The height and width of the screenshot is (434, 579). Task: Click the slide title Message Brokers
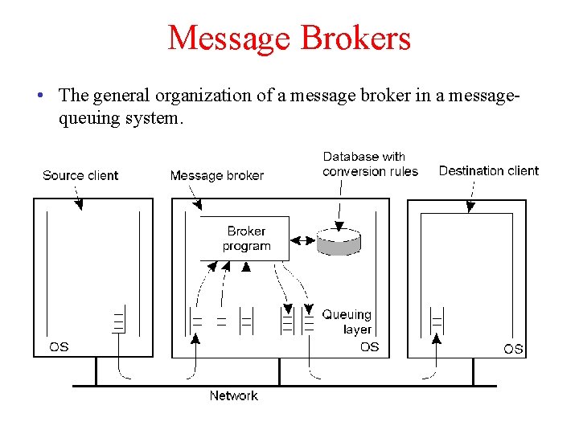click(289, 38)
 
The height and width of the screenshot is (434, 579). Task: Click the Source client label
click(80, 175)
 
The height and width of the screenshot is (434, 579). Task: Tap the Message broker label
click(216, 175)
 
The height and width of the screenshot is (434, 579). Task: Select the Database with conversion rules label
click(370, 164)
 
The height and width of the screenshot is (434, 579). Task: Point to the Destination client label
click(488, 170)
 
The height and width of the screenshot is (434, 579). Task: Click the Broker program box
click(244, 239)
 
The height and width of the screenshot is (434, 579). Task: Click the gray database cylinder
click(339, 240)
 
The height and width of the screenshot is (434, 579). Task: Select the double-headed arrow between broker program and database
click(302, 240)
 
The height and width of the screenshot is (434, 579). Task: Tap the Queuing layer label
click(347, 321)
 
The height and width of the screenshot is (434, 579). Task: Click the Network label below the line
click(233, 395)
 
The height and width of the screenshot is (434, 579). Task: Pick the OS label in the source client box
click(59, 347)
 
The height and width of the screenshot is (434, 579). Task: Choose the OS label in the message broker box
click(369, 347)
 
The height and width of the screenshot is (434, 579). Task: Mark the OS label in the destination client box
click(513, 348)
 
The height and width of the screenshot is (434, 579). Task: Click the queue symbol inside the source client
click(118, 320)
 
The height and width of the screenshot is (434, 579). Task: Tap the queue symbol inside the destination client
click(437, 320)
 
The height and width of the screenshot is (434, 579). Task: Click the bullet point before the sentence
click(39, 96)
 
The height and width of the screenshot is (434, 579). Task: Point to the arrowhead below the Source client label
click(79, 206)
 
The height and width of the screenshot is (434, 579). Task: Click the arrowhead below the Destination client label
click(470, 208)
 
